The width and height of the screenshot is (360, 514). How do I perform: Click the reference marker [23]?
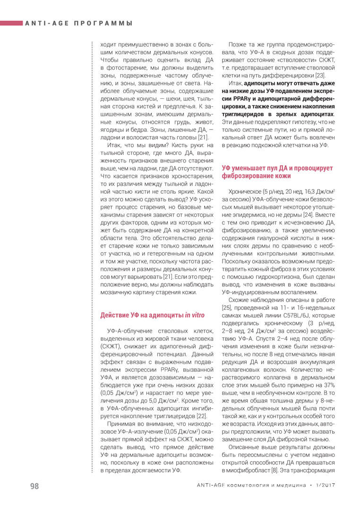(319, 76)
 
